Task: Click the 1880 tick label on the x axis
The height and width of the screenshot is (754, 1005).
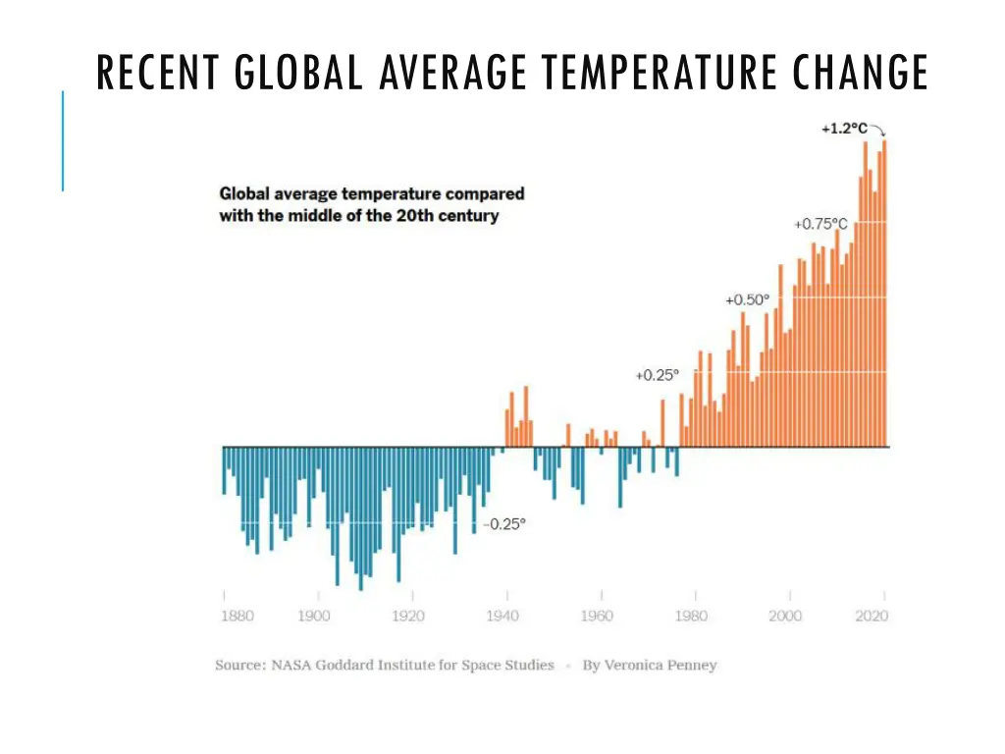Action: click(x=237, y=616)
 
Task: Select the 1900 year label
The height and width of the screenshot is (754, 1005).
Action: click(x=314, y=616)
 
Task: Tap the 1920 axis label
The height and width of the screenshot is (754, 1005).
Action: click(x=408, y=616)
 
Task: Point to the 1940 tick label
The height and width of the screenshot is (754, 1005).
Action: click(x=502, y=616)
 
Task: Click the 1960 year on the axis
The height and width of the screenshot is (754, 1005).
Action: click(x=597, y=616)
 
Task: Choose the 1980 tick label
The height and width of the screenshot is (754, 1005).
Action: click(x=691, y=616)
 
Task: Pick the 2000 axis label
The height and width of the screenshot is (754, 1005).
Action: click(x=785, y=616)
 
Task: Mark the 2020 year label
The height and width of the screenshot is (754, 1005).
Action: click(x=872, y=616)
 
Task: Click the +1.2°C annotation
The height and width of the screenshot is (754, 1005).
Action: click(x=844, y=129)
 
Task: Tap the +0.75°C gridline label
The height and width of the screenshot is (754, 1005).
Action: click(x=820, y=224)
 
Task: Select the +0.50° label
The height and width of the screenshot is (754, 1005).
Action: click(x=748, y=299)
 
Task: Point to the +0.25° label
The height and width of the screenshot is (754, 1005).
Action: click(x=657, y=375)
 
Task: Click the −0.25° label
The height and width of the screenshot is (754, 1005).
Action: click(x=503, y=523)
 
